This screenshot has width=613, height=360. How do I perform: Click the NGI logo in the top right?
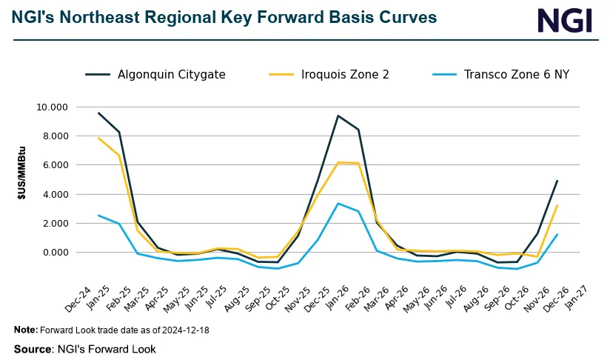(564, 20)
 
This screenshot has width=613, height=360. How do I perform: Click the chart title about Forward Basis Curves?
(224, 16)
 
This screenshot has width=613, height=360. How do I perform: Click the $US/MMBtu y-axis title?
(23, 180)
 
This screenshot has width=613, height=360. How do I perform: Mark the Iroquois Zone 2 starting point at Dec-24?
(98, 138)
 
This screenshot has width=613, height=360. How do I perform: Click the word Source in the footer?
(30, 349)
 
